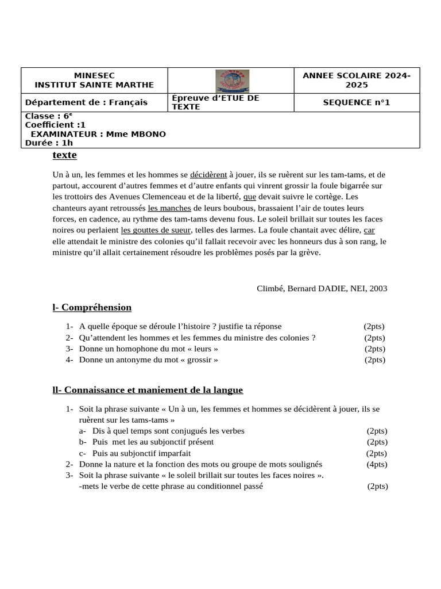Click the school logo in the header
coord(231,81)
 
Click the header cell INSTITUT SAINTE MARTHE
coord(95,85)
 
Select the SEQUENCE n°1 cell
coord(356,102)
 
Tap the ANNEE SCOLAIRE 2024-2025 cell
coord(357,81)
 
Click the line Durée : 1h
coord(49,143)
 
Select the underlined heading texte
coord(64,155)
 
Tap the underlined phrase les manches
coord(169,208)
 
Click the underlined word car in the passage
coord(369,230)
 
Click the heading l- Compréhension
coord(92,308)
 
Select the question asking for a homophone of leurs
coord(148,349)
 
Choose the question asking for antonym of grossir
coord(148,360)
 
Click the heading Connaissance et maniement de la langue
coord(148,390)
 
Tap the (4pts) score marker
coord(377,464)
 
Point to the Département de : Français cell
coord(86,102)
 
